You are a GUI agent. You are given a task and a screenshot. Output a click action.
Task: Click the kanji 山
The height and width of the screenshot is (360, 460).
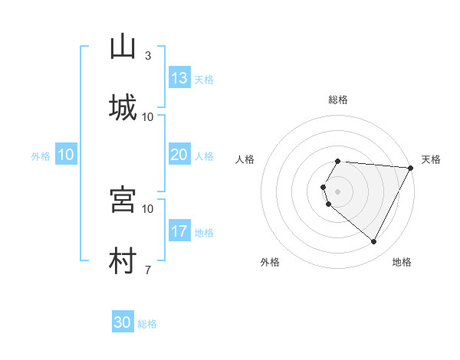pos(123,47)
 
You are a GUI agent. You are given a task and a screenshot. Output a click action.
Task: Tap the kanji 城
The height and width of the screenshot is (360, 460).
pos(123,108)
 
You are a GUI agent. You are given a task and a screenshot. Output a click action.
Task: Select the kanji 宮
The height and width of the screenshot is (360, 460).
pos(123,200)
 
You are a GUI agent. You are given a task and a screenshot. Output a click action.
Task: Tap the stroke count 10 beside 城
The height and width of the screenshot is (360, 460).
pos(148,116)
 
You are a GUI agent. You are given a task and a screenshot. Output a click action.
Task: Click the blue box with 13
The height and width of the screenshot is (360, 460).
pos(179,78)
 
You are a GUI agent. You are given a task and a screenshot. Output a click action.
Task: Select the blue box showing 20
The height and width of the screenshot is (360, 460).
pos(179,155)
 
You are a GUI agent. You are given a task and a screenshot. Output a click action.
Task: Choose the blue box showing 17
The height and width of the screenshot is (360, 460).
pos(179,231)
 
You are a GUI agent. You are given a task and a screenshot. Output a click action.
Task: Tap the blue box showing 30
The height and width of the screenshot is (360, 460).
pos(123,322)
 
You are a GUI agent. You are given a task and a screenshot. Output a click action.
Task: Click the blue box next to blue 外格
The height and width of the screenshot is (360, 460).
pos(66,155)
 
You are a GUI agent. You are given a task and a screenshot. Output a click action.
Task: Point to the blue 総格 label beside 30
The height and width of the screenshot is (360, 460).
pos(147,324)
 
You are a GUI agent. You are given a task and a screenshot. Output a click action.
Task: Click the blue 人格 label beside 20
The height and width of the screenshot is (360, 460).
pos(204,155)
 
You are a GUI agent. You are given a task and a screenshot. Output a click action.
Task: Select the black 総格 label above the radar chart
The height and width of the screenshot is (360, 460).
pos(338,100)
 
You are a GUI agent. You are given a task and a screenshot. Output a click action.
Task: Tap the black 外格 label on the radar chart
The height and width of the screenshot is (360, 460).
pos(270,262)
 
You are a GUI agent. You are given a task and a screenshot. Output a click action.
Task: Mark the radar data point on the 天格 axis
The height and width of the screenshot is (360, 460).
pos(411,168)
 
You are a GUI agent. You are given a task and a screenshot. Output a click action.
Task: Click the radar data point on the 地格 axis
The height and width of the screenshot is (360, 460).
pos(374,242)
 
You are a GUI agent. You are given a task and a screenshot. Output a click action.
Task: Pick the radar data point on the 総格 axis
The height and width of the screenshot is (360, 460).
pos(338,161)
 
